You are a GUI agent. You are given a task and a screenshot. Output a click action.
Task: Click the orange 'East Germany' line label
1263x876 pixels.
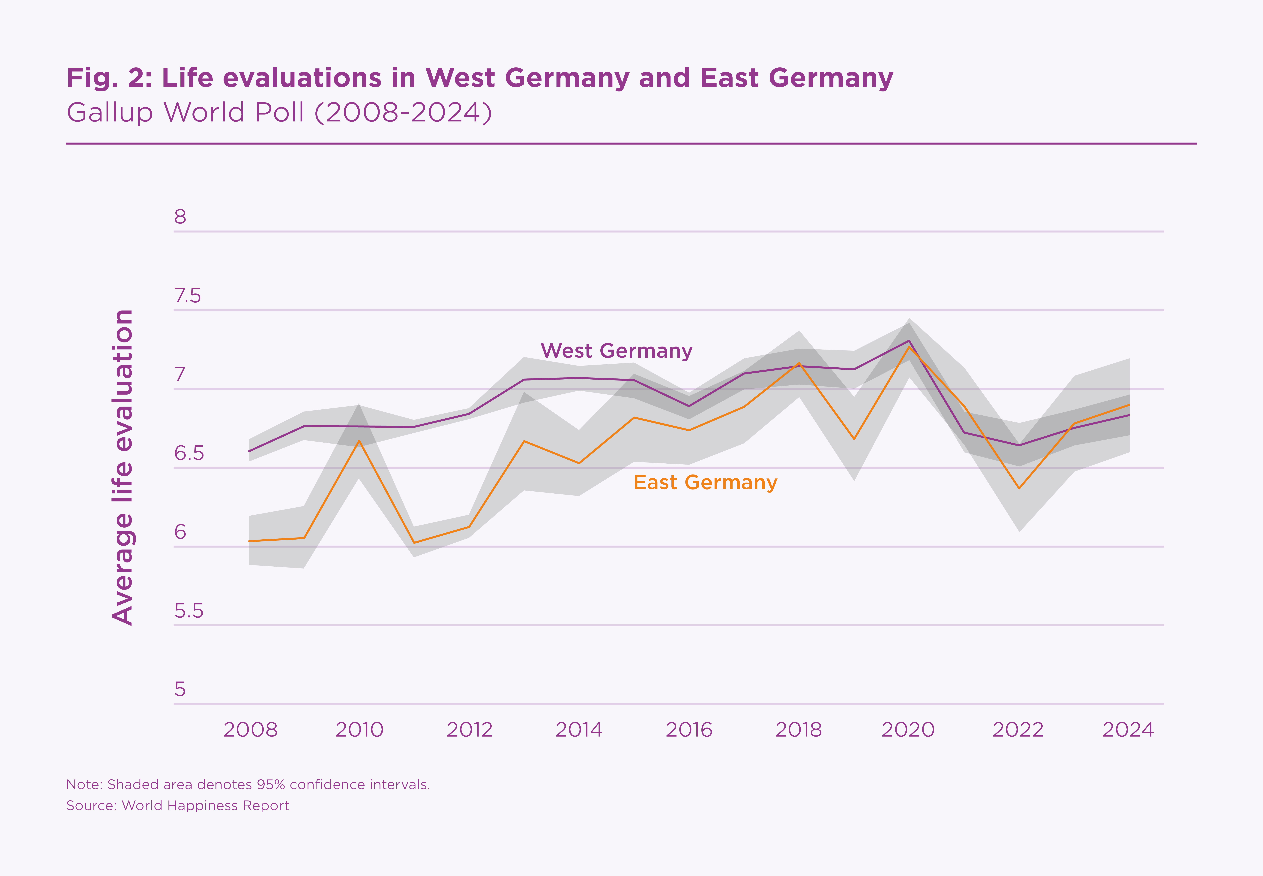705,482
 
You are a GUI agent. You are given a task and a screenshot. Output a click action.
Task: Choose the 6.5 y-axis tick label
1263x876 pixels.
189,453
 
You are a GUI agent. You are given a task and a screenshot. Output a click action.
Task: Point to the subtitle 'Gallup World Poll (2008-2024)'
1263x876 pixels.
279,112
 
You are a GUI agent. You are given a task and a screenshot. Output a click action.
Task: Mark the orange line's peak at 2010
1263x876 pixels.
359,441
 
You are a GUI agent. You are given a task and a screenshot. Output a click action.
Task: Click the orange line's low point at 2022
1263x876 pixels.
1019,488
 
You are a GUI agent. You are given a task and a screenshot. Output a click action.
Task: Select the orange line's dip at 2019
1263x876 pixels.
854,438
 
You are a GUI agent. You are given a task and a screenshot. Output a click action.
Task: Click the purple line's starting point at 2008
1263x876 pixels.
249,451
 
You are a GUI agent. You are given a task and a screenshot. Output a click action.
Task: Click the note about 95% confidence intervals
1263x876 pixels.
248,784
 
